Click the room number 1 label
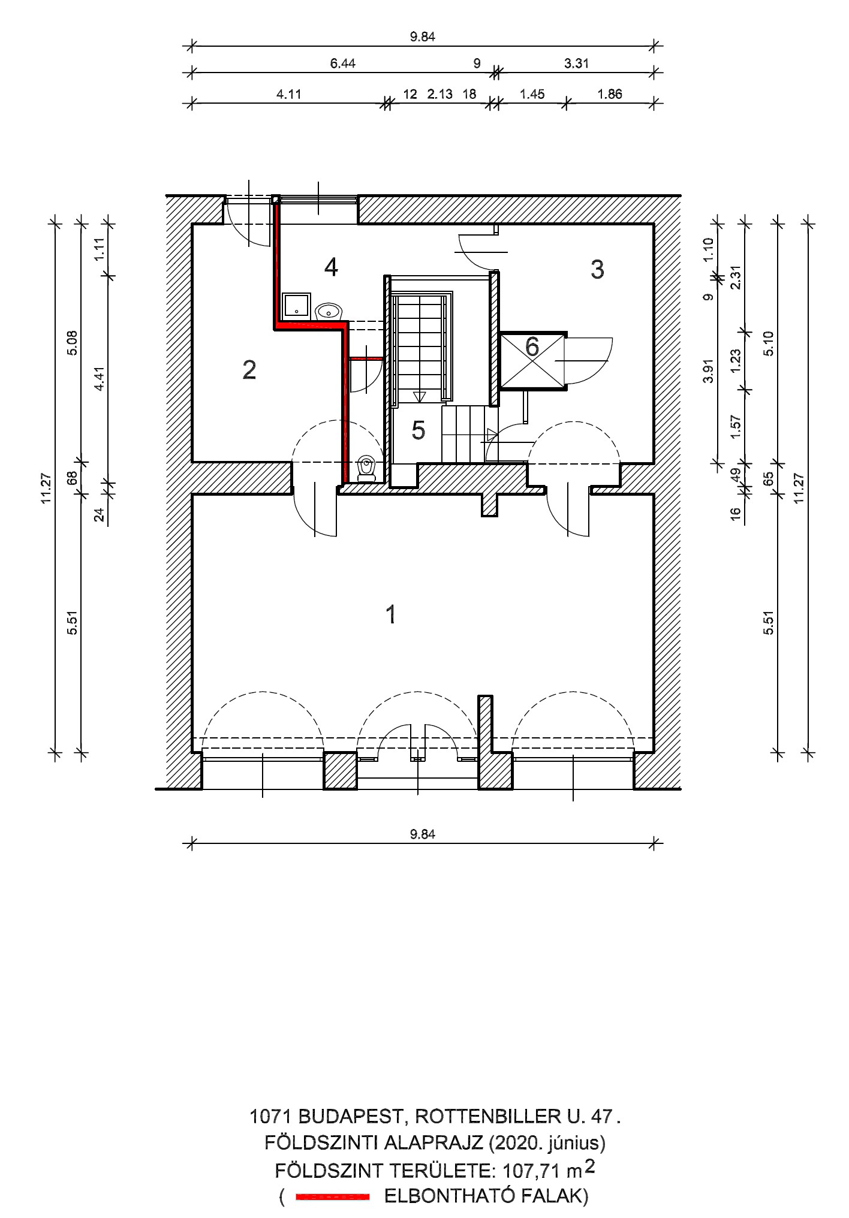[x=391, y=615]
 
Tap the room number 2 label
[x=249, y=370]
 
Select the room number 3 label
[x=597, y=270]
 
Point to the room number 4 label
[x=331, y=267]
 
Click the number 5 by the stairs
[x=418, y=430]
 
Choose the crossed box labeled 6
[x=532, y=360]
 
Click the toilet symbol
[x=366, y=468]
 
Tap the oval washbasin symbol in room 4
[x=328, y=311]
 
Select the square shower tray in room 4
[x=296, y=305]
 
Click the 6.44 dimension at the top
[x=342, y=64]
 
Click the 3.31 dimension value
[x=576, y=64]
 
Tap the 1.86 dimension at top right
[x=610, y=94]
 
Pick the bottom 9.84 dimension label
[x=423, y=834]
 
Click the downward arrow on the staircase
[x=419, y=396]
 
